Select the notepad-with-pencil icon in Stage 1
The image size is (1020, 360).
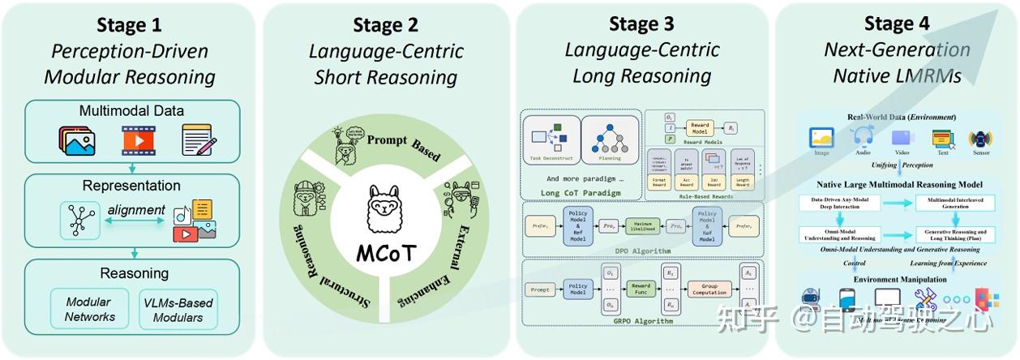[198, 141]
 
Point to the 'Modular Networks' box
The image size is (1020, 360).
[88, 309]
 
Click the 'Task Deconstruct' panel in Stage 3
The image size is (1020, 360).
[551, 139]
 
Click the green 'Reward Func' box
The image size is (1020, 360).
[641, 288]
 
